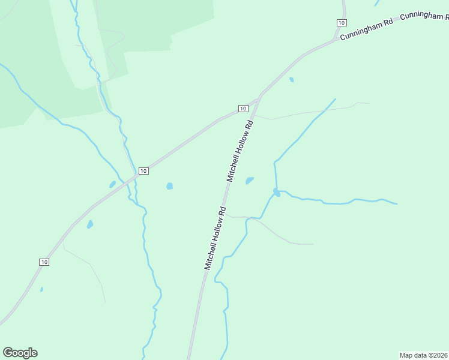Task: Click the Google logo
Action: tap(20, 353)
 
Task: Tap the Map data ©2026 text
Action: tap(423, 355)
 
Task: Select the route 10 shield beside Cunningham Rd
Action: tap(341, 22)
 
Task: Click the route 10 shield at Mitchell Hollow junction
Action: tap(242, 108)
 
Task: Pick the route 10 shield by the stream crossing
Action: tap(143, 171)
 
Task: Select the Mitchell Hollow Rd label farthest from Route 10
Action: tap(214, 238)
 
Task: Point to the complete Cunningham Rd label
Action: tap(366, 29)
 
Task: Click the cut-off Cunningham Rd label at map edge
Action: tap(424, 16)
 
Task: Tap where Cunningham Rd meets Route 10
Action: tap(335, 41)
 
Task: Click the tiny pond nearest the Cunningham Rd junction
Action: tap(292, 79)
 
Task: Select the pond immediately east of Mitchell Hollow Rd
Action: tap(250, 180)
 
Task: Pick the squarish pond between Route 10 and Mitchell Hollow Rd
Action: tap(169, 186)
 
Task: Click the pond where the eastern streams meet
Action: tap(276, 192)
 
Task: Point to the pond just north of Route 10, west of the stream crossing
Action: tap(112, 184)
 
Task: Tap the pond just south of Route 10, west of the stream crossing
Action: tap(90, 224)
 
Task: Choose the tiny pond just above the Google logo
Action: tap(41, 289)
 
